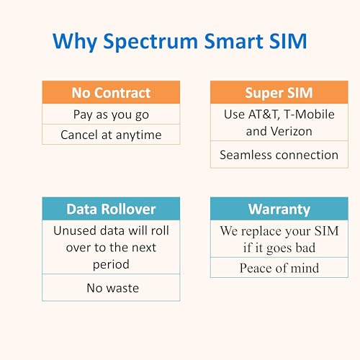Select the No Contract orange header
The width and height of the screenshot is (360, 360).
point(111,93)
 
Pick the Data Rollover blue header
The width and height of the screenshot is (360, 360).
point(111,209)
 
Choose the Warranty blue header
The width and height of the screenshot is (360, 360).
point(279,209)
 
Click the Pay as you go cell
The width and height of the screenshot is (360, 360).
point(111,114)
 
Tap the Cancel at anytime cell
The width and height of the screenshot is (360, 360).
point(111,135)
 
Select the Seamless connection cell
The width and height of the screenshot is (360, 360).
point(279,155)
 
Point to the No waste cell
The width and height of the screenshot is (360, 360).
point(111,288)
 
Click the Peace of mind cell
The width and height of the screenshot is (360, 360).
point(279,268)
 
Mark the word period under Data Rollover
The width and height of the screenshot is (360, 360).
point(111,264)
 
